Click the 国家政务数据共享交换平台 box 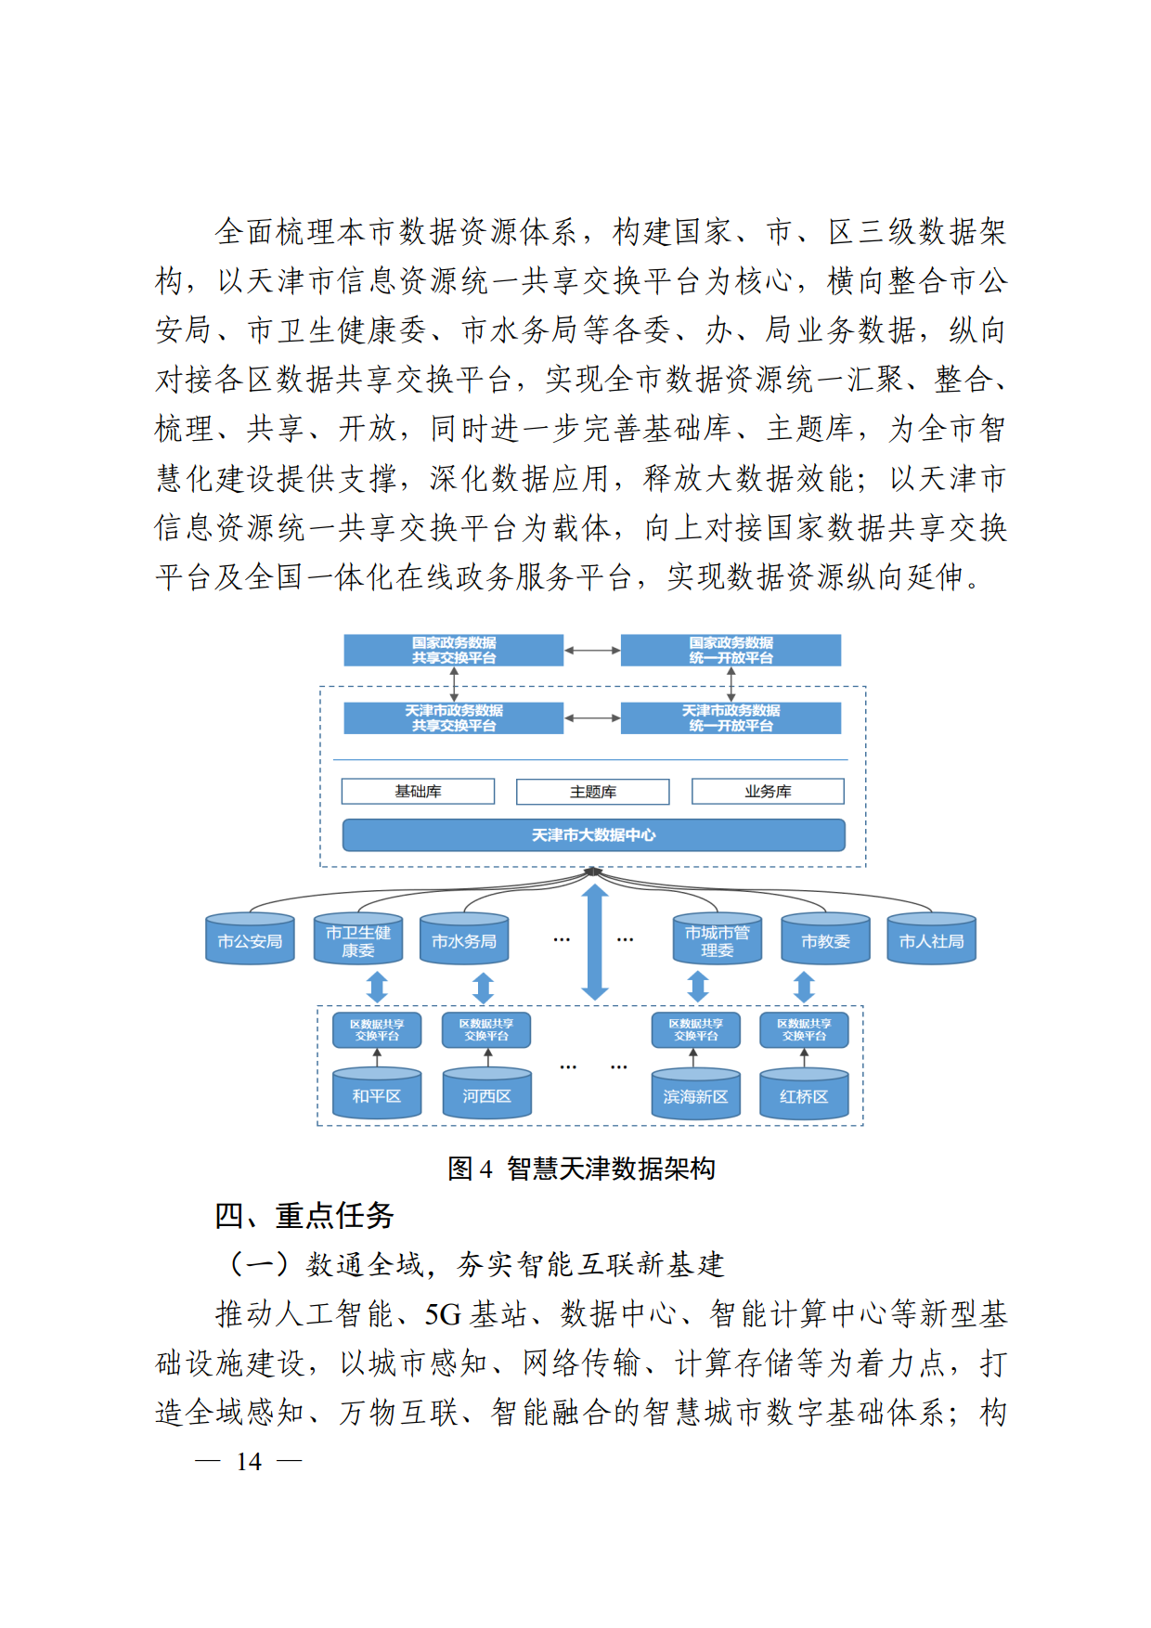[x=453, y=650]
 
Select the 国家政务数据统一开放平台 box [x=731, y=650]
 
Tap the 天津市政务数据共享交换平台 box [x=453, y=717]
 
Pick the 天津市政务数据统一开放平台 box [x=731, y=717]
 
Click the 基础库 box [x=418, y=791]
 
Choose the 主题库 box [x=592, y=791]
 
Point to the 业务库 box [x=768, y=791]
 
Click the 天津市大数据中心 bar [x=593, y=834]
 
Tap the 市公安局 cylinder [x=250, y=938]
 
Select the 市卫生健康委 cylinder [x=357, y=938]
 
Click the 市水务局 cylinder [x=464, y=938]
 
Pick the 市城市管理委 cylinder [x=717, y=938]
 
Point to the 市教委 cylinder [x=825, y=938]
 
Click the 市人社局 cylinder [x=931, y=938]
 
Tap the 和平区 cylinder [x=377, y=1093]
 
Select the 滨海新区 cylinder [x=695, y=1093]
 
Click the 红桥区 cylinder [x=804, y=1093]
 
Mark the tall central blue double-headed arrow [x=595, y=942]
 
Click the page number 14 [x=249, y=1462]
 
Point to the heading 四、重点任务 [x=304, y=1215]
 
